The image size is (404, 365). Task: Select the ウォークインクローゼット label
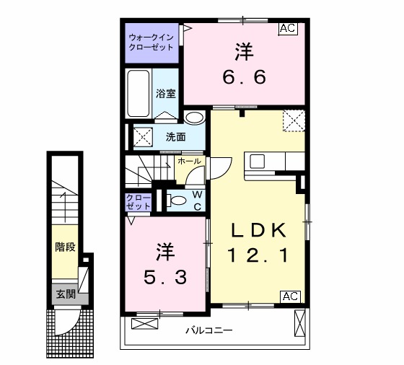151,41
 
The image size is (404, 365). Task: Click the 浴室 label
167,92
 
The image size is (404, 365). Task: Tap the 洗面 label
175,136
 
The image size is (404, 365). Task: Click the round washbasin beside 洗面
194,119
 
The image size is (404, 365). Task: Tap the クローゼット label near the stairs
139,201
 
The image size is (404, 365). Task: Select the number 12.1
259,255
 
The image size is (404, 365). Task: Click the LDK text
259,230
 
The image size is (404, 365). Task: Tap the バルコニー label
208,331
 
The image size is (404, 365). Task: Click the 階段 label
66,247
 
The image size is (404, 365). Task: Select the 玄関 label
66,293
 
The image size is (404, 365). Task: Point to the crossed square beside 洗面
142,135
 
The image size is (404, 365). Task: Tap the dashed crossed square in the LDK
292,120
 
